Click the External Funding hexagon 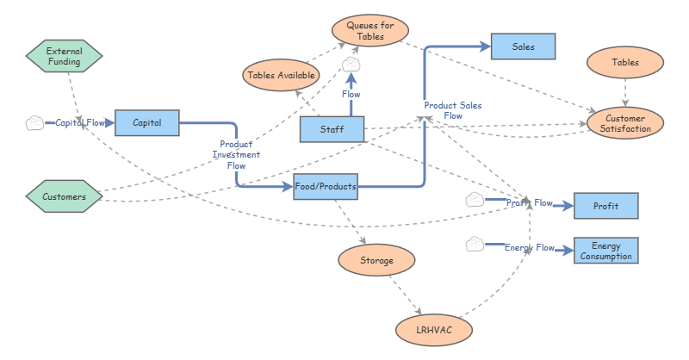click(x=64, y=57)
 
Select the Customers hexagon click(x=64, y=196)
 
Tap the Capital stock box click(x=146, y=123)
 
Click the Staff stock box click(x=332, y=129)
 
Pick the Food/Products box click(x=325, y=186)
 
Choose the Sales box click(x=523, y=47)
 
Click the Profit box click(x=605, y=206)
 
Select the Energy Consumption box click(x=605, y=251)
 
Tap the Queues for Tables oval click(x=370, y=31)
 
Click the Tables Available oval click(x=282, y=75)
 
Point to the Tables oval click(x=625, y=62)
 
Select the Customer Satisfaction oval click(x=626, y=122)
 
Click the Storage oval click(x=376, y=259)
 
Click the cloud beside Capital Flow click(x=34, y=123)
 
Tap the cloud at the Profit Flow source click(x=475, y=201)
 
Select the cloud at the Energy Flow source click(x=475, y=245)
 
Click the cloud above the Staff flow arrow click(x=351, y=65)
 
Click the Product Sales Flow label click(x=453, y=110)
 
